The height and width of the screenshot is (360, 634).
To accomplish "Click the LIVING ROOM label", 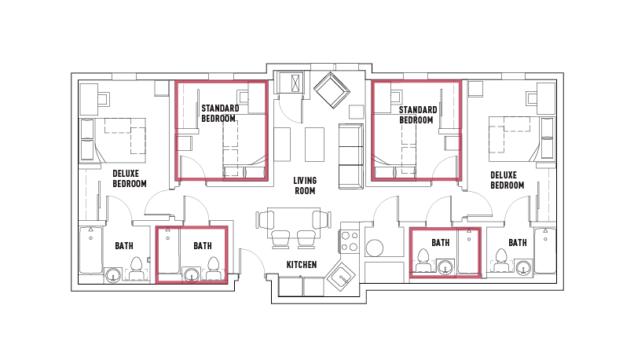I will [305, 186].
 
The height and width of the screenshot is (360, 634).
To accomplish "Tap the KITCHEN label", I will [301, 265].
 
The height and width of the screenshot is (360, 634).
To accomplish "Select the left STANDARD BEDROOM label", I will [218, 113].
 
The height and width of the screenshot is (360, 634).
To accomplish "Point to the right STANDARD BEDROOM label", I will [416, 115].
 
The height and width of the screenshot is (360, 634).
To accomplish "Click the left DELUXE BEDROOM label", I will [130, 179].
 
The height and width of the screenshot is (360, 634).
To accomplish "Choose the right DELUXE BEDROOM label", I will [507, 180].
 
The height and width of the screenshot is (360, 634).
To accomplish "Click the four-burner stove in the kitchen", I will [350, 241].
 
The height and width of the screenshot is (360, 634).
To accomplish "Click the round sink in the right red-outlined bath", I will [446, 266].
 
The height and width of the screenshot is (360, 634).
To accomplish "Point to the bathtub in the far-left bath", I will [90, 250].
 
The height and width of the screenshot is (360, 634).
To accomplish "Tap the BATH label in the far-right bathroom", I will [517, 243].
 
